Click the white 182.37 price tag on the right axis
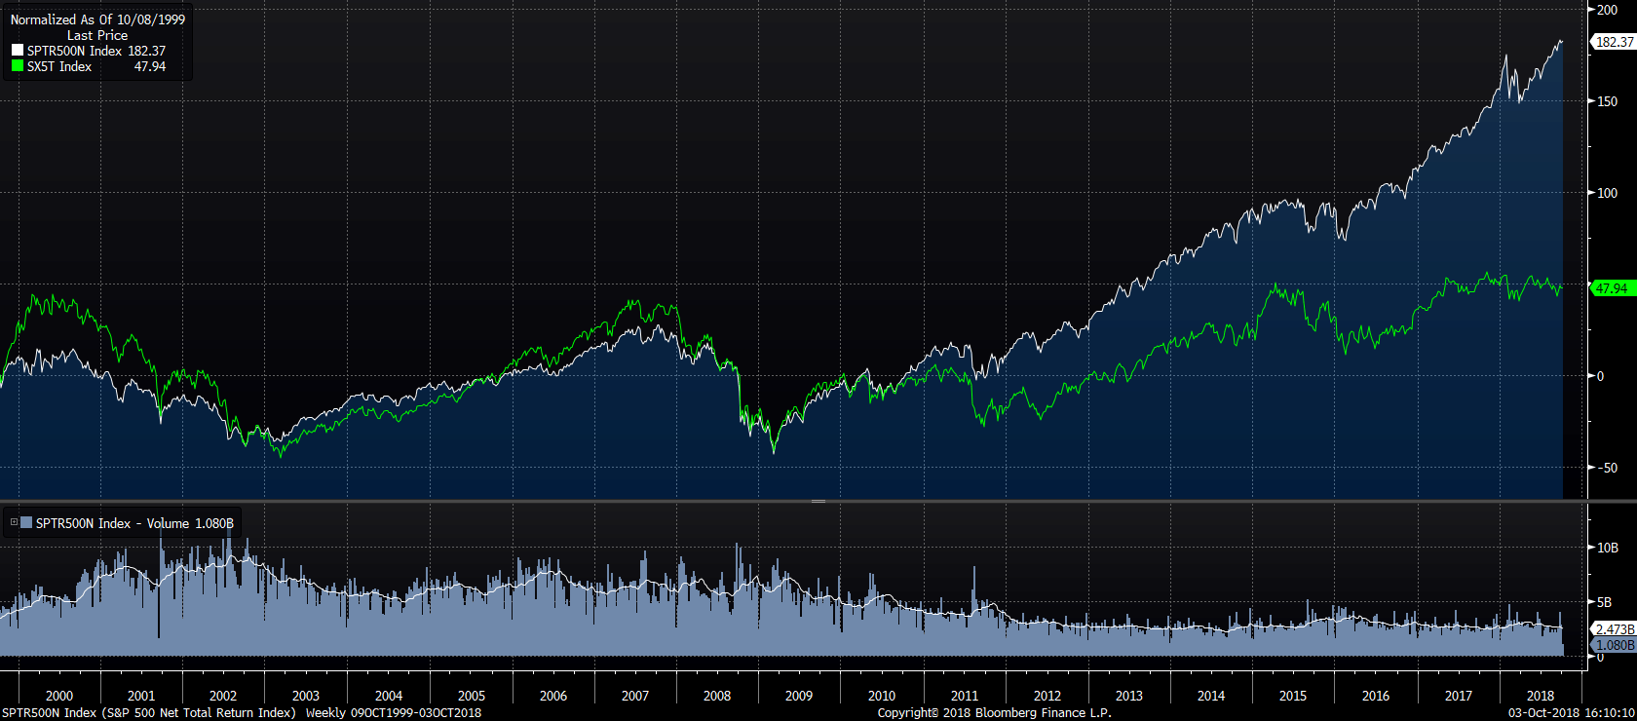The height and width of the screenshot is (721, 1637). pyautogui.click(x=1614, y=42)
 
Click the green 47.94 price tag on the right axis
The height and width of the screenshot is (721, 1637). pyautogui.click(x=1612, y=288)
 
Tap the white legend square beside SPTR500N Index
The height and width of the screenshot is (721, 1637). pyautogui.click(x=17, y=51)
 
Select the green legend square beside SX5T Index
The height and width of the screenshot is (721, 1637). pyautogui.click(x=17, y=66)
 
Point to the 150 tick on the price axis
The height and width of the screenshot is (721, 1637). pyautogui.click(x=1607, y=101)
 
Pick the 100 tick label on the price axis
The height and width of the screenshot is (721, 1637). pyautogui.click(x=1607, y=193)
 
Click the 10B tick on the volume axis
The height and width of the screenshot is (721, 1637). pyautogui.click(x=1607, y=548)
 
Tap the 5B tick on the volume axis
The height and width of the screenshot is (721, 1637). pyautogui.click(x=1604, y=602)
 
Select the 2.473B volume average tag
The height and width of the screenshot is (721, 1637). pyautogui.click(x=1614, y=629)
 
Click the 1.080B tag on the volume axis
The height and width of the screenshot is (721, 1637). pyautogui.click(x=1614, y=645)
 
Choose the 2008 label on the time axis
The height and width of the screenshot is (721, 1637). pyautogui.click(x=717, y=696)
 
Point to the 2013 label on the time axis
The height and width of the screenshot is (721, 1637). pyautogui.click(x=1128, y=696)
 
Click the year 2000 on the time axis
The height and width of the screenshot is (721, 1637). pyautogui.click(x=58, y=696)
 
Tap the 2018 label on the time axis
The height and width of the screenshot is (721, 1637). pyautogui.click(x=1541, y=696)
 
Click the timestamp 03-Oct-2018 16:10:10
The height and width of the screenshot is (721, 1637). pyautogui.click(x=1571, y=713)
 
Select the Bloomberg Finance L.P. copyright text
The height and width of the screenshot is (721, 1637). pyautogui.click(x=994, y=713)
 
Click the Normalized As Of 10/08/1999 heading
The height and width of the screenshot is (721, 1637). pyautogui.click(x=97, y=19)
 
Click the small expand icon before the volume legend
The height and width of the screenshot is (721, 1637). pyautogui.click(x=14, y=523)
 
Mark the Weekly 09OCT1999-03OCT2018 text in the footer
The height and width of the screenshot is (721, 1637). pyautogui.click(x=394, y=713)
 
